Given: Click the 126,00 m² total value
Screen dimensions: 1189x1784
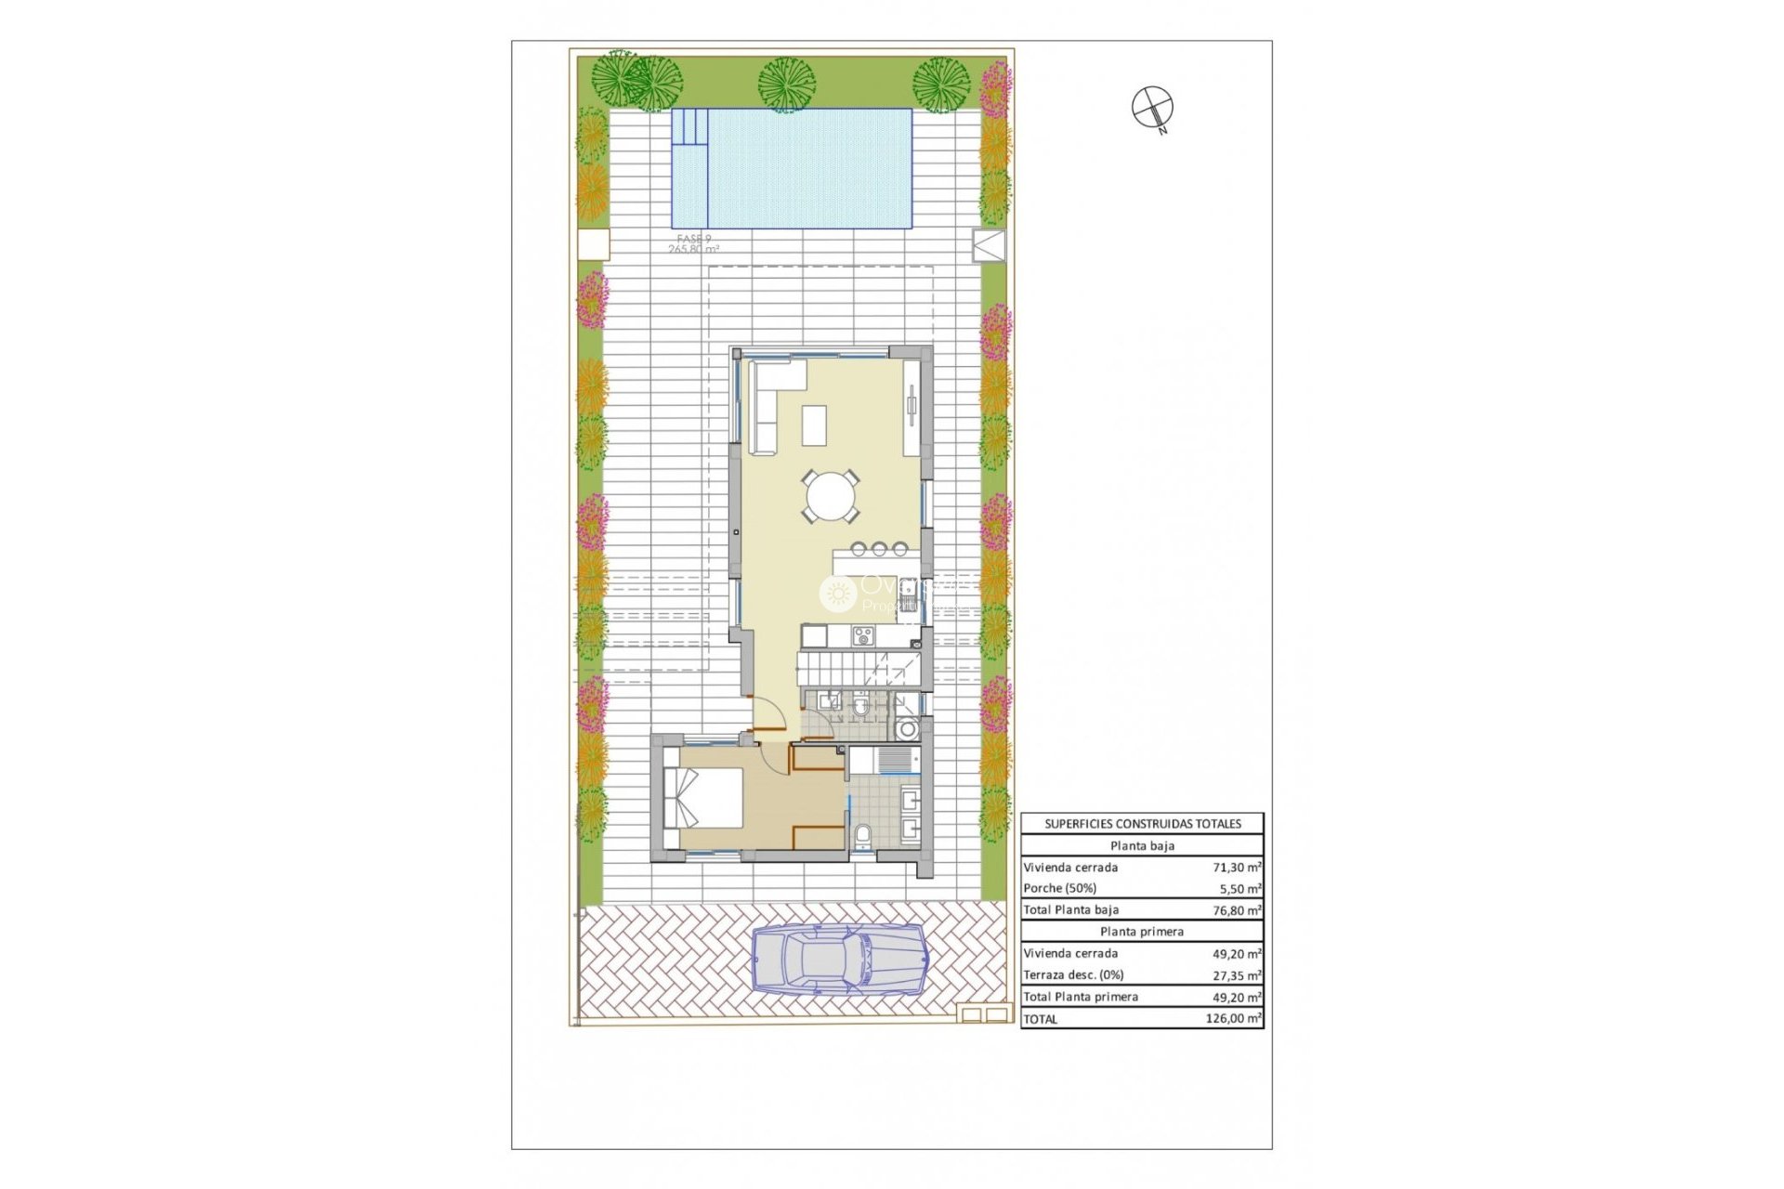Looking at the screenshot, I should tap(1233, 1019).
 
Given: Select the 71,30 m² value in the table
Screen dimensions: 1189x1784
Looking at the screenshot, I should tap(1237, 868).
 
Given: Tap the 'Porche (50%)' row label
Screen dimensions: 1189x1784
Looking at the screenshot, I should tap(1059, 889).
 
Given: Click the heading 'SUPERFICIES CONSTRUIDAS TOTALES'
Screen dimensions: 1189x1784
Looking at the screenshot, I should tap(1142, 824).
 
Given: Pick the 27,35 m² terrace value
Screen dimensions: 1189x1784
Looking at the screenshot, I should tap(1237, 975).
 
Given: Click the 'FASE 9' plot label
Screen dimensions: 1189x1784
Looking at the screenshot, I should tap(694, 240).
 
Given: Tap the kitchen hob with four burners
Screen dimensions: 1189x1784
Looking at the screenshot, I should tap(864, 636).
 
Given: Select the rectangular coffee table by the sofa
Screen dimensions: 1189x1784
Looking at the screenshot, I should tap(815, 426).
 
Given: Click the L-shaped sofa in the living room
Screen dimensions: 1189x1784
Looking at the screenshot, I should tap(767, 404).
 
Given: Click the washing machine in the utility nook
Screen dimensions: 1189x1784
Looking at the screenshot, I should tap(908, 729).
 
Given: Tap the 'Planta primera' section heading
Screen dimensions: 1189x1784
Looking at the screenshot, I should tap(1142, 932).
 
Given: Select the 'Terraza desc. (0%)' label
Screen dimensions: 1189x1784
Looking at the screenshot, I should tap(1073, 975).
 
